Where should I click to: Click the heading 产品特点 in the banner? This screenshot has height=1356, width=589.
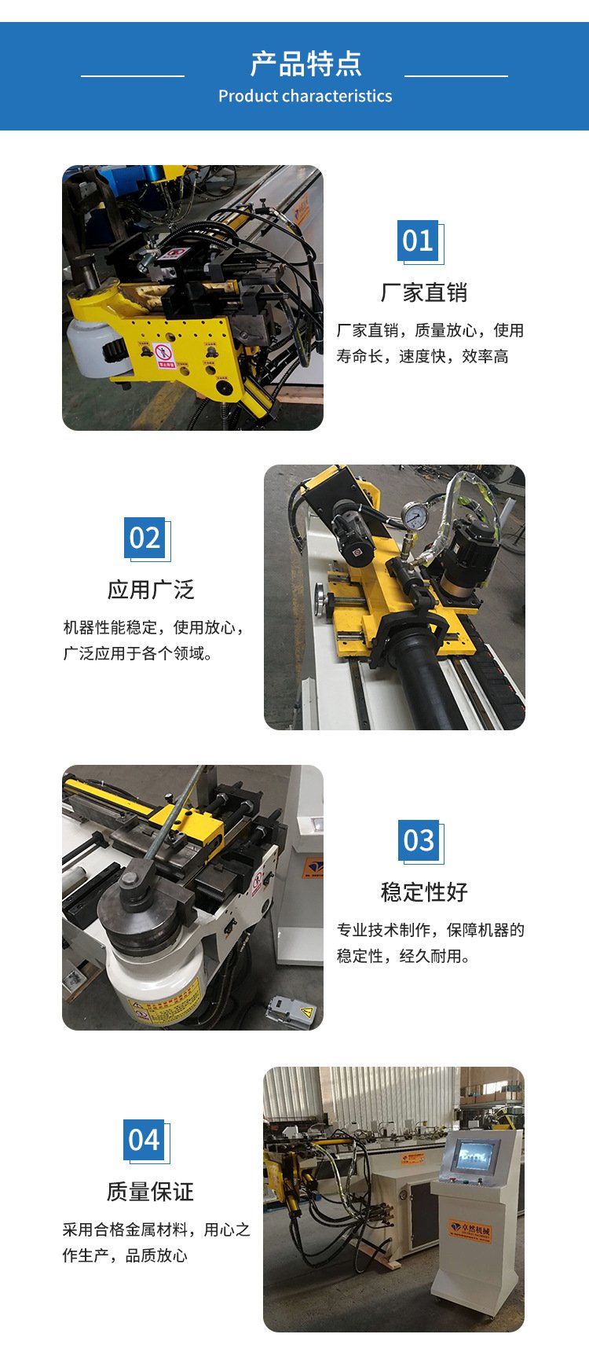pyautogui.click(x=305, y=64)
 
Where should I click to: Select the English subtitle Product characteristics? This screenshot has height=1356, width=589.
pyautogui.click(x=305, y=96)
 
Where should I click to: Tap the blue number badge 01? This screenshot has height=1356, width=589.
pyautogui.click(x=418, y=241)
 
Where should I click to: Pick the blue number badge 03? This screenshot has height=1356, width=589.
pyautogui.click(x=419, y=840)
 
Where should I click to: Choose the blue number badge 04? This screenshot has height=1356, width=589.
pyautogui.click(x=144, y=1140)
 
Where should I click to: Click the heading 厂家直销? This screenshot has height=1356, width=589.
pyautogui.click(x=424, y=292)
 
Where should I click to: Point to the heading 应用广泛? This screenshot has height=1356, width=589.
pyautogui.click(x=151, y=590)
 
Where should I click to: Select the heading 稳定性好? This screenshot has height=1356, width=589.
pyautogui.click(x=424, y=892)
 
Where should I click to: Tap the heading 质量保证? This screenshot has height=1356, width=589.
pyautogui.click(x=150, y=1192)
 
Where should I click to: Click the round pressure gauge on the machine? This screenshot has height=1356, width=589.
pyautogui.click(x=414, y=516)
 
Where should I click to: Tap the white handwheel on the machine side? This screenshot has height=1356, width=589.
pyautogui.click(x=320, y=601)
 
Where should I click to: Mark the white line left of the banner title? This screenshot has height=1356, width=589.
pyautogui.click(x=133, y=76)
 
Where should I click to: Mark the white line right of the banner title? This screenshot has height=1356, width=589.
pyautogui.click(x=456, y=76)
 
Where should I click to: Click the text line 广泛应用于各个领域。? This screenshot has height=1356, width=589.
pyautogui.click(x=138, y=653)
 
